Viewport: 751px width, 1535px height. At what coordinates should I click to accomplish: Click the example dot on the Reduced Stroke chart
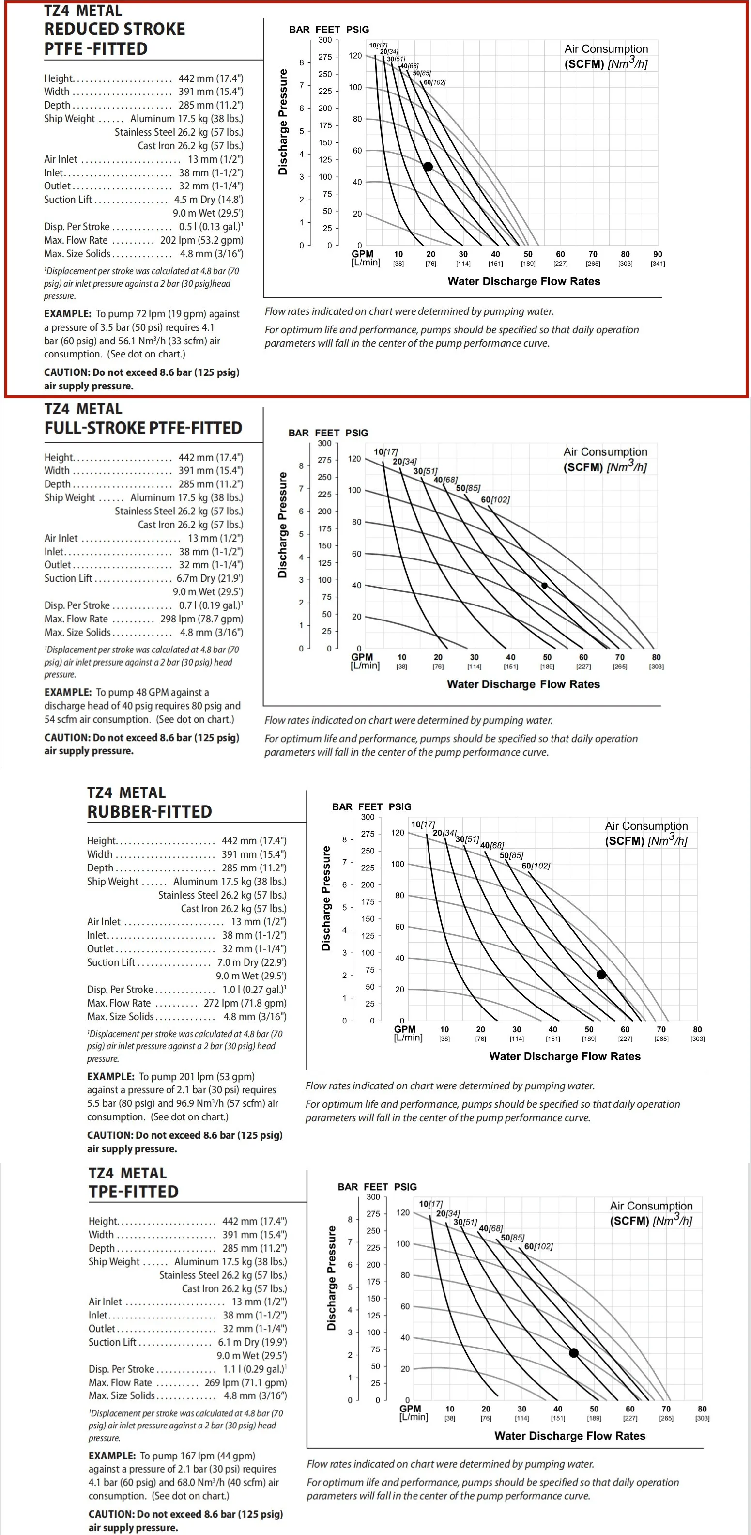click(428, 167)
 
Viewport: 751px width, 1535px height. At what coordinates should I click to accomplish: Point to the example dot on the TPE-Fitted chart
click(573, 1353)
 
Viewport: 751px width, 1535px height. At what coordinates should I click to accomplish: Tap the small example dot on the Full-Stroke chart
click(544, 586)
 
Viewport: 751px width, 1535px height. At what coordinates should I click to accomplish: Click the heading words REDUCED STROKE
click(114, 29)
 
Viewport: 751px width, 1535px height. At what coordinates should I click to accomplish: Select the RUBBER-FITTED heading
click(150, 812)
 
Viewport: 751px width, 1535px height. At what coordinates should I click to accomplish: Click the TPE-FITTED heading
click(134, 1192)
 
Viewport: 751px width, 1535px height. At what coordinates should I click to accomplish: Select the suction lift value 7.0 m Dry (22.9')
click(251, 962)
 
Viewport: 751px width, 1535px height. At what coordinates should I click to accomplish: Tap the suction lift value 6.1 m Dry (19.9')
click(252, 1342)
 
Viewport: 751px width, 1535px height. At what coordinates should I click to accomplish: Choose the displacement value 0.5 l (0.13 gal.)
click(210, 226)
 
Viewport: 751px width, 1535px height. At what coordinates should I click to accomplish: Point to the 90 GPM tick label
click(658, 254)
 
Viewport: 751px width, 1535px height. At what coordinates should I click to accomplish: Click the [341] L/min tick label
click(658, 264)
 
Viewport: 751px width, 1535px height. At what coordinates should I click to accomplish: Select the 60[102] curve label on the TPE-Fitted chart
click(538, 1246)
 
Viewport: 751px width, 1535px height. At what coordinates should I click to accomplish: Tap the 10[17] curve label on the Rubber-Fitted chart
click(423, 824)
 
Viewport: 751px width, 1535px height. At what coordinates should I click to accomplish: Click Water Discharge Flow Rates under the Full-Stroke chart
click(523, 684)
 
